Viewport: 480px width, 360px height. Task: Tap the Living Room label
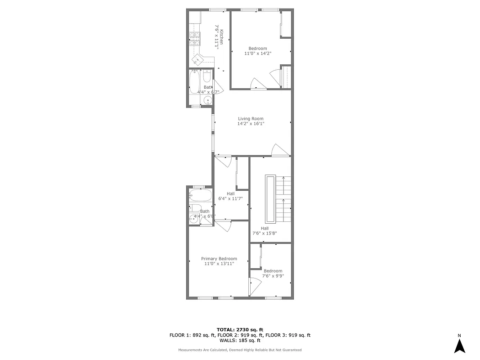pyautogui.click(x=251, y=119)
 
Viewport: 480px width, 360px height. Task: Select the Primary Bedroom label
pyautogui.click(x=219, y=259)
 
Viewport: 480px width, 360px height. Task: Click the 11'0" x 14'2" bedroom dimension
pyautogui.click(x=258, y=54)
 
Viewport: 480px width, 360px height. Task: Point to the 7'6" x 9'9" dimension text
pyautogui.click(x=273, y=276)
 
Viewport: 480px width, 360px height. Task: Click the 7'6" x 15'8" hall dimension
pyautogui.click(x=265, y=233)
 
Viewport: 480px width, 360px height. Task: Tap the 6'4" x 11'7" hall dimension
pyautogui.click(x=230, y=198)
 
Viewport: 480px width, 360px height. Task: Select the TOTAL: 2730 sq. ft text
pyautogui.click(x=240, y=330)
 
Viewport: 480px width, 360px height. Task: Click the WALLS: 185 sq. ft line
pyautogui.click(x=240, y=341)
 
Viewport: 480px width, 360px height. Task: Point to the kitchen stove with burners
pyautogui.click(x=194, y=40)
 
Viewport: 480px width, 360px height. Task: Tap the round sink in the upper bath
pyautogui.click(x=207, y=100)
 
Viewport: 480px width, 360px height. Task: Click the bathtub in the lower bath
pyautogui.click(x=200, y=196)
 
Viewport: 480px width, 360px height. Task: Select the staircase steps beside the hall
pyautogui.click(x=283, y=198)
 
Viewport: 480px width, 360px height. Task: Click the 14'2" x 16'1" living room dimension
pyautogui.click(x=251, y=124)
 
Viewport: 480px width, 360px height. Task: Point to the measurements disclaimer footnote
pyautogui.click(x=240, y=350)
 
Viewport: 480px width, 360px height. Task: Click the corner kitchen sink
pyautogui.click(x=198, y=59)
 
